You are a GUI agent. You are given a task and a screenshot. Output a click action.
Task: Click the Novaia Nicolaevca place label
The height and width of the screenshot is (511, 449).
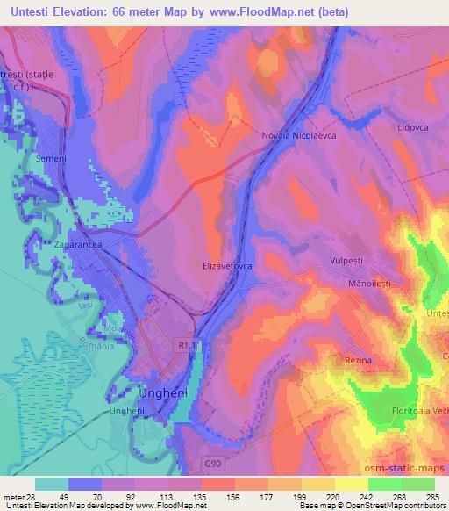pos(299,136)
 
